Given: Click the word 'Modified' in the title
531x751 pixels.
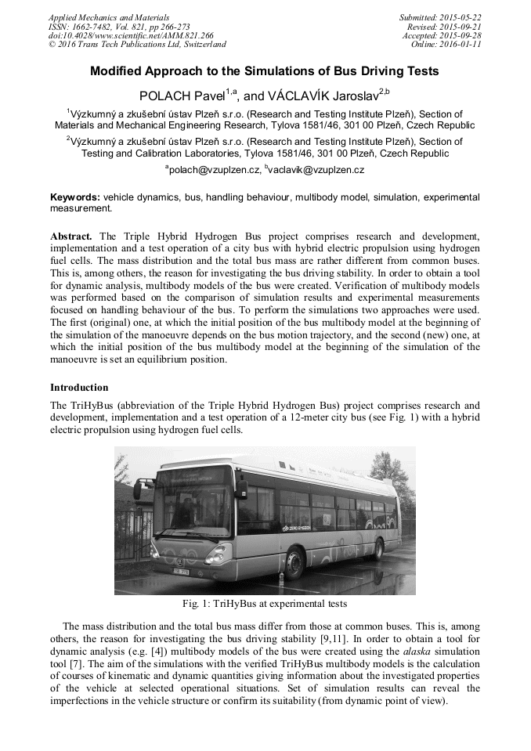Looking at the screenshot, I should pyautogui.click(x=119, y=71).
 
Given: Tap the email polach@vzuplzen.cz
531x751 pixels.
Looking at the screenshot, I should pyautogui.click(x=213, y=169).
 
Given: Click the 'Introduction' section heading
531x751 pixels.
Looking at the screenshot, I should pyautogui.click(x=79, y=388).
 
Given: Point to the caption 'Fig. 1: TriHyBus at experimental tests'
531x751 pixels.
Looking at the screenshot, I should pyautogui.click(x=265, y=604).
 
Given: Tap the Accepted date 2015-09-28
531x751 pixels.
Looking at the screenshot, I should pyautogui.click(x=460, y=35).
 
